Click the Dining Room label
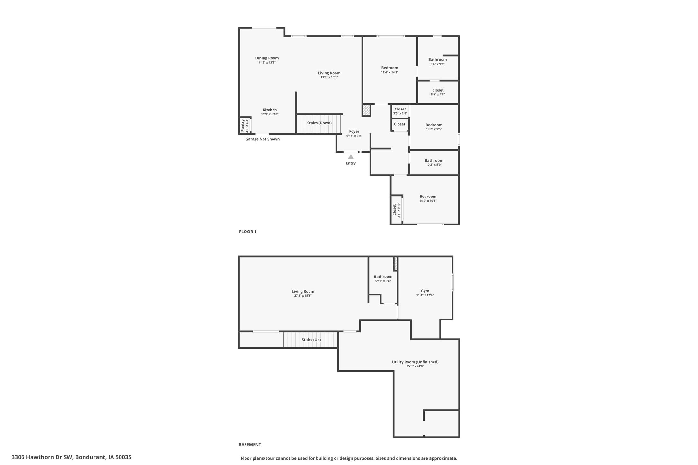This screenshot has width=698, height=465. click(267, 58)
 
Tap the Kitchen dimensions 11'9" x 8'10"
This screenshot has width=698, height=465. click(270, 114)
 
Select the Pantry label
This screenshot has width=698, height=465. click(243, 126)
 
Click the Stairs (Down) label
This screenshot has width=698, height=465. click(319, 123)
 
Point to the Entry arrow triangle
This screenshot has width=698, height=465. click(351, 157)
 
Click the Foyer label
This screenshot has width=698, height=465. click(354, 131)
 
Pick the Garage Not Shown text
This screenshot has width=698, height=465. click(262, 139)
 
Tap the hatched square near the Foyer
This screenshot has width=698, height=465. click(366, 110)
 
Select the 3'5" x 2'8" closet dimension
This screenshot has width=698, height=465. click(400, 113)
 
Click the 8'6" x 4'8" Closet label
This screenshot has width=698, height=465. click(438, 90)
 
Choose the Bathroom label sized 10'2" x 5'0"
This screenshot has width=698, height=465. click(434, 160)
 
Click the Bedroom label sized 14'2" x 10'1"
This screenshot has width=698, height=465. click(428, 197)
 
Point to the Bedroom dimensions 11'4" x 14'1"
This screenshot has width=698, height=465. click(389, 72)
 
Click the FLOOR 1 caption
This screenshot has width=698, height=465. click(247, 232)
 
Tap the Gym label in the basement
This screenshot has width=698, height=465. click(425, 291)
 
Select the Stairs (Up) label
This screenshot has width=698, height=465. click(311, 340)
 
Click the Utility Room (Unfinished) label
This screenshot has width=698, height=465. click(415, 362)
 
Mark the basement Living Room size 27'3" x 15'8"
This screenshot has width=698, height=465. click(303, 296)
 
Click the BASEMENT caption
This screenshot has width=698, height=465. click(250, 445)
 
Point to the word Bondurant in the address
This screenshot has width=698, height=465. click(90, 457)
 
